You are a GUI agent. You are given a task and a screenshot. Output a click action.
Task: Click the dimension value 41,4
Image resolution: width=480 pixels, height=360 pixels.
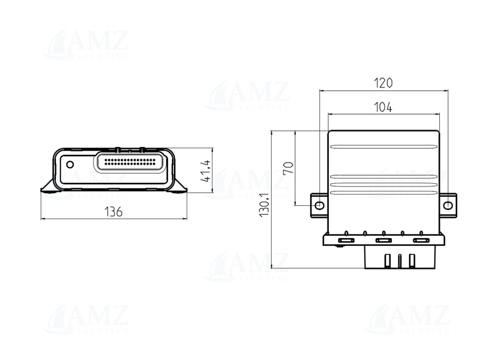coord(204,171)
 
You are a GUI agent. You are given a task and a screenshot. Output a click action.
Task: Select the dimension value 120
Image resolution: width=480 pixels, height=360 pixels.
coord(383,83)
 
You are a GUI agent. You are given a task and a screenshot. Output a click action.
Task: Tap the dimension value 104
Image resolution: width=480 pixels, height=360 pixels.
coord(383,107)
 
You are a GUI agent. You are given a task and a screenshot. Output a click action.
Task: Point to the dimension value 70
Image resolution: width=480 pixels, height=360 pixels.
coord(288,167)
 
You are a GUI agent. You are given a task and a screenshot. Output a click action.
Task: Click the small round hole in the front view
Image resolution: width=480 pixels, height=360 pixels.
coord(70,164)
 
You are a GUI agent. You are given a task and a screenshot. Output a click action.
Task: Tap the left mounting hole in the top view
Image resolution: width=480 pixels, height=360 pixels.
coord(319,205)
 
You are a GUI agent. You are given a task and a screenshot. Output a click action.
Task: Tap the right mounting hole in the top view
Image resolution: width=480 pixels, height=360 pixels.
coord(448,205)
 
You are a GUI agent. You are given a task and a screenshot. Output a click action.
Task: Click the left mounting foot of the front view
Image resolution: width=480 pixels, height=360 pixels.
coord(49,187)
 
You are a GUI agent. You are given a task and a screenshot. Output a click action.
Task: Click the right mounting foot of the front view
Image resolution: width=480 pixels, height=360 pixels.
coord(179,187)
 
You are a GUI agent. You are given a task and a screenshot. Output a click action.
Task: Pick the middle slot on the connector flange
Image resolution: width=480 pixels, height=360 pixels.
coord(383,241)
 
